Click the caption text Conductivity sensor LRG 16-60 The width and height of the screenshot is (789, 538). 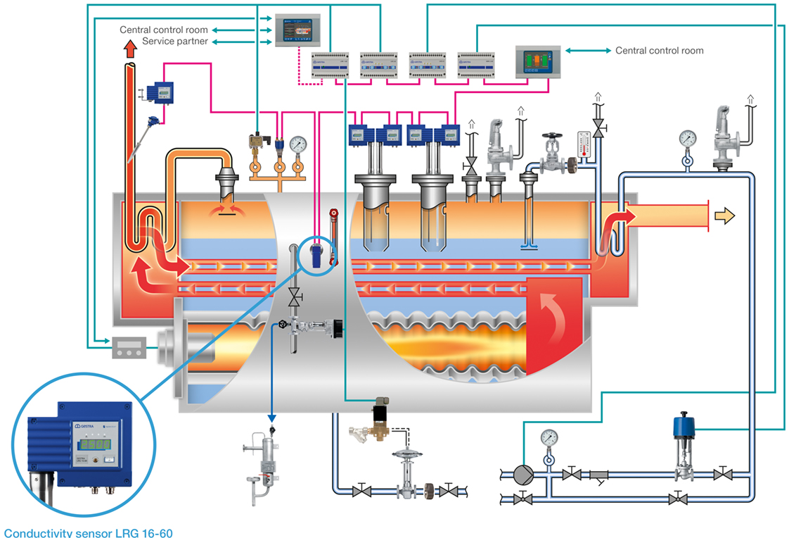[x=88, y=532]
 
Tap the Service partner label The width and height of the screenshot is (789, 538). [x=175, y=42]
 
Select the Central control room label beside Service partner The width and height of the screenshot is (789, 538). [x=164, y=30]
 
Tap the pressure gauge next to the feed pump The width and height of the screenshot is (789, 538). [x=549, y=438]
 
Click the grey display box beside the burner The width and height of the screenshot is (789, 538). [x=131, y=347]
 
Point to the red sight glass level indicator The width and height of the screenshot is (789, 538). [x=333, y=236]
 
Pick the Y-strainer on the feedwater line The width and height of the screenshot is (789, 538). [x=598, y=476]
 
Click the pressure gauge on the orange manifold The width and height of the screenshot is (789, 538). [x=298, y=145]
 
